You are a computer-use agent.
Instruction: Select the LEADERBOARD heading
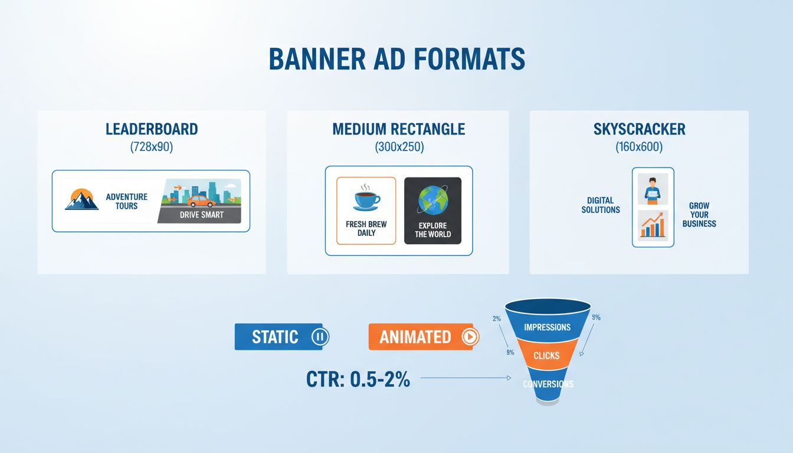click(152, 129)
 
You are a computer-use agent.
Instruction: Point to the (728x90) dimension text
click(152, 147)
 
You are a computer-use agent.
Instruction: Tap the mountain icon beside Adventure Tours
click(81, 199)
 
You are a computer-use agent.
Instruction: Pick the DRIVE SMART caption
click(201, 215)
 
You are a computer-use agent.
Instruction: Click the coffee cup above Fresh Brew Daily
click(366, 198)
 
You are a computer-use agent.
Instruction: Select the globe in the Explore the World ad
click(432, 200)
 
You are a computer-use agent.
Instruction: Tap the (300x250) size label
click(399, 147)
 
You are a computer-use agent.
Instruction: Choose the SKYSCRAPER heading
click(639, 129)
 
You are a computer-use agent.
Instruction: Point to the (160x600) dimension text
click(639, 147)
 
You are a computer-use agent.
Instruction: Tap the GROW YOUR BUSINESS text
click(699, 215)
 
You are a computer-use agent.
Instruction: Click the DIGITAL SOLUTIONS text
click(601, 205)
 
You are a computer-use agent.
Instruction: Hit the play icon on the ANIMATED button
click(470, 337)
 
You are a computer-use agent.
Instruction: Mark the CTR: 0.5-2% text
click(358, 379)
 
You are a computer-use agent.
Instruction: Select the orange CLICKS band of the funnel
click(547, 356)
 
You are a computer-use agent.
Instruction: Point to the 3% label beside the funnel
click(596, 317)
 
